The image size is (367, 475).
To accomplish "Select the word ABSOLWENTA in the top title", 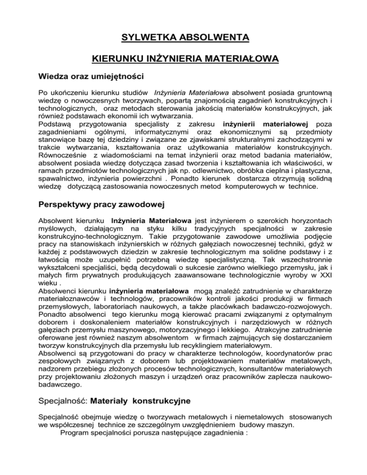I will click(x=216, y=37).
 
